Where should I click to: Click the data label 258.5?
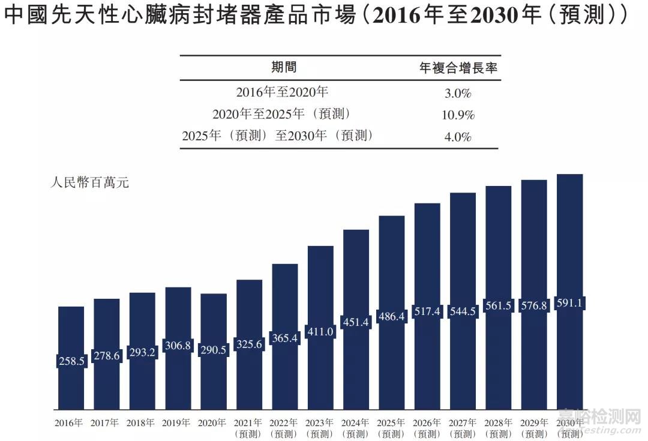tap(71, 361)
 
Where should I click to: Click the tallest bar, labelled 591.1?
tap(569, 240)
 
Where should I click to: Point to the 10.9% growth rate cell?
tap(458, 115)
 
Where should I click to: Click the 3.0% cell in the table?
tap(458, 94)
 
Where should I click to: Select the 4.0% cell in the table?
tap(458, 137)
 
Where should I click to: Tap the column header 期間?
tap(283, 67)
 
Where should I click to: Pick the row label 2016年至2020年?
tap(282, 92)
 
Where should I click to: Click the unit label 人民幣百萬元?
tap(89, 182)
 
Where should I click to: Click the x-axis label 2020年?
tap(213, 423)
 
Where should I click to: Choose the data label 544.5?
tap(463, 311)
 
